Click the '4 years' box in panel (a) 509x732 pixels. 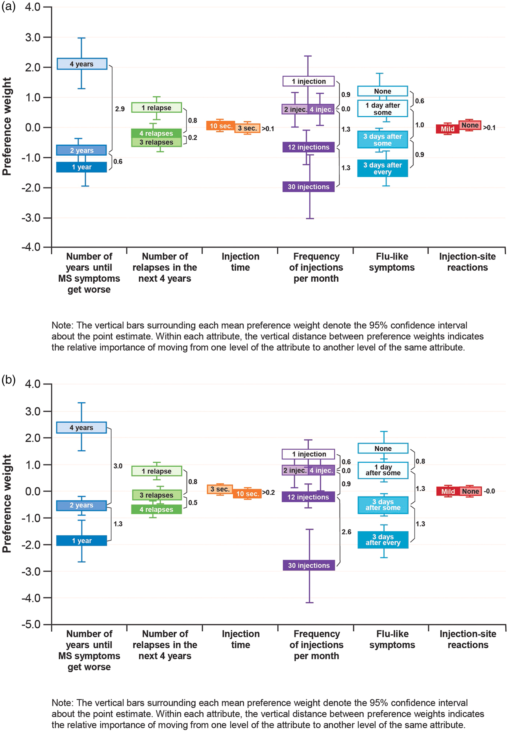[82, 64]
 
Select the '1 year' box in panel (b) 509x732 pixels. [81, 540]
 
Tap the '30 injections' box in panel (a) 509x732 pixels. [308, 187]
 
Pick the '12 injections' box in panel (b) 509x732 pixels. [308, 497]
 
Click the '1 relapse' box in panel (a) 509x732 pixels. [156, 108]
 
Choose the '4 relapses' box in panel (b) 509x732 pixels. [156, 510]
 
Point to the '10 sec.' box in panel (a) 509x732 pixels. [221, 126]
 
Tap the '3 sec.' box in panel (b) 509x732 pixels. [220, 489]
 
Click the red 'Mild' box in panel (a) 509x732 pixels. [448, 129]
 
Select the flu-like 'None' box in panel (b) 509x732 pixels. [383, 449]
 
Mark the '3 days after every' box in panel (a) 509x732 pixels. [382, 168]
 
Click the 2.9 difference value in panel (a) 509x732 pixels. [120, 109]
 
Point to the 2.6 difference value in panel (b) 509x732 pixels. [346, 532]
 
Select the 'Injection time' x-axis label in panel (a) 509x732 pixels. [240, 262]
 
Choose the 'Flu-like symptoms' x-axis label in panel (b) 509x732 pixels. [392, 639]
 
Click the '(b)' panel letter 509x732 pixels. [8, 380]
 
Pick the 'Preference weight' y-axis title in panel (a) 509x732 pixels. [7, 126]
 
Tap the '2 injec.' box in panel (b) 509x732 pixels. [295, 470]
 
